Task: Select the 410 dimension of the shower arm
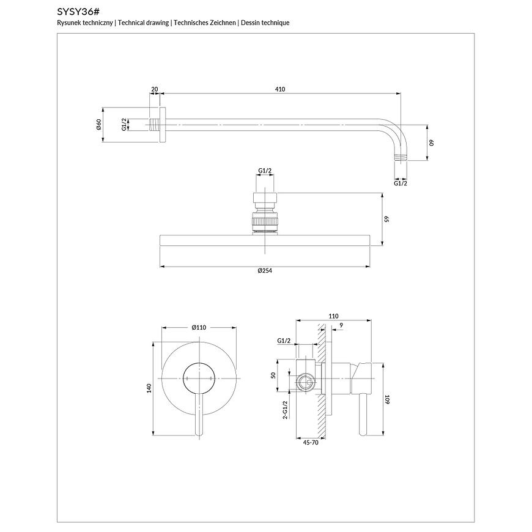click(280, 89)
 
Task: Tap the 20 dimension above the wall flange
click(155, 89)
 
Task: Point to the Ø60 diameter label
click(98, 126)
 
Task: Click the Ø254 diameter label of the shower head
click(264, 271)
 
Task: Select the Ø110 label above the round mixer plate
click(199, 328)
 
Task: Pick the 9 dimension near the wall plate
click(341, 325)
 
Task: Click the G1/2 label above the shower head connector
click(265, 171)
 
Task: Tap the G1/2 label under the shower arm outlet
click(401, 183)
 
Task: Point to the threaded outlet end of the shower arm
click(399, 158)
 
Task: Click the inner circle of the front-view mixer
click(198, 377)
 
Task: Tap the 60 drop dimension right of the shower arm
click(430, 142)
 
